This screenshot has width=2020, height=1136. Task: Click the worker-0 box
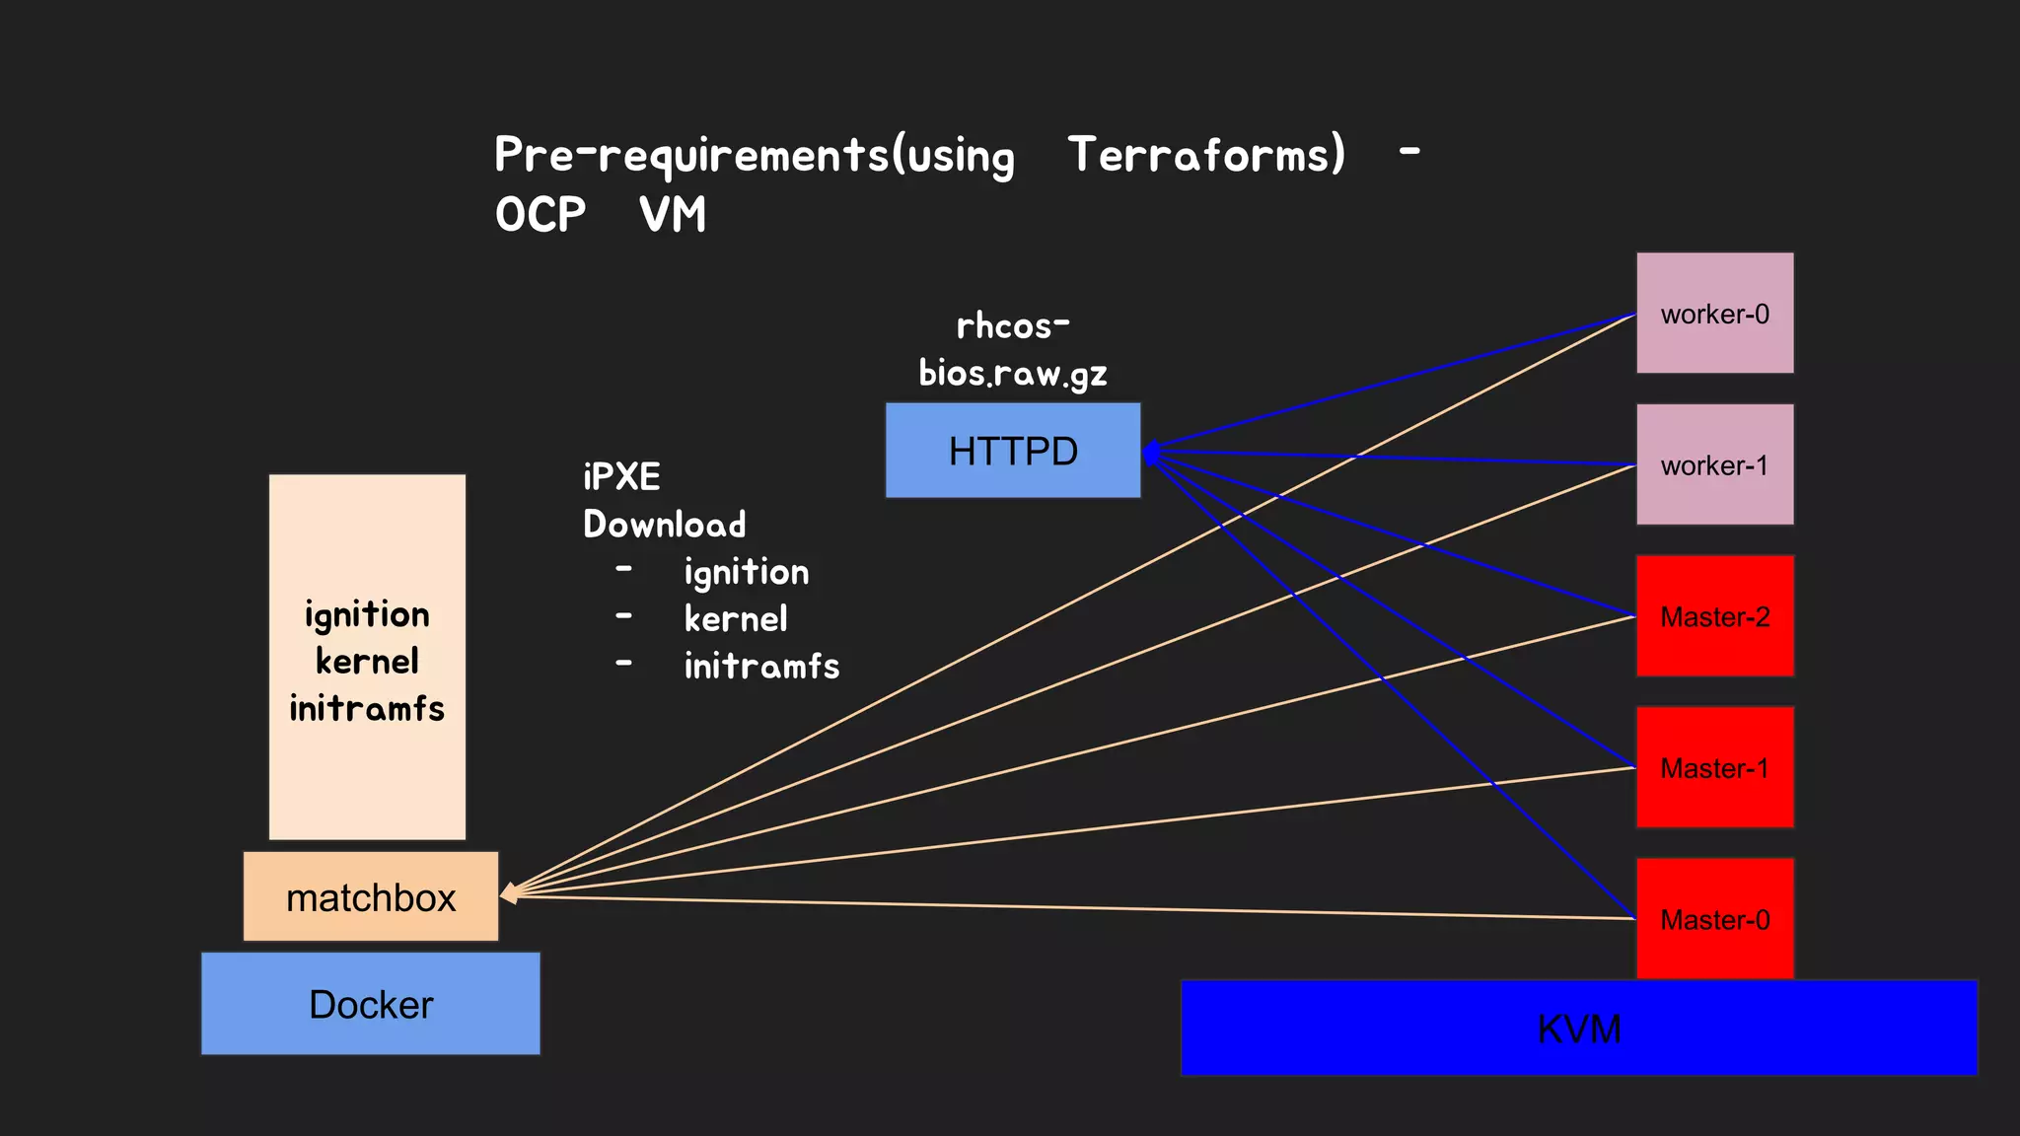coord(1714,314)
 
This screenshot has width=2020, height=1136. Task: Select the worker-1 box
coord(1714,464)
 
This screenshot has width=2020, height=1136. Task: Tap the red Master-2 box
coord(1714,616)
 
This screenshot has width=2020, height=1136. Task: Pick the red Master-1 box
coord(1714,767)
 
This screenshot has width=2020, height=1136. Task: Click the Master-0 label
coord(1714,920)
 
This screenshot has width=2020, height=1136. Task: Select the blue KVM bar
coord(1578,1029)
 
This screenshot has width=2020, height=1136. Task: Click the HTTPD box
coord(1013,451)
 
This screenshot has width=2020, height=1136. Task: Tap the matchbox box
coord(371,897)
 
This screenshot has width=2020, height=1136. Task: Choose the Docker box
coord(371,1004)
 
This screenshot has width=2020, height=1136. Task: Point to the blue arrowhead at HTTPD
coord(1150,454)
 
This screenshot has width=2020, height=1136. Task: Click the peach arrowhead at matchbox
coord(510,893)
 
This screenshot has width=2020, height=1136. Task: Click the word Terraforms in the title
coord(1205,155)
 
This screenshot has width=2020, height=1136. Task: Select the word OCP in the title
coord(541,215)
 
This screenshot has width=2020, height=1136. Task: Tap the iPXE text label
coord(621,477)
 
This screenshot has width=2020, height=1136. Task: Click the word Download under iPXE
coord(664,525)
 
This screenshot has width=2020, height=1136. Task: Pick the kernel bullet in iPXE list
coord(736,619)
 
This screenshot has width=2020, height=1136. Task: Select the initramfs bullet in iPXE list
coord(761,667)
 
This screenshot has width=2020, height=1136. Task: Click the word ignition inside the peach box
coord(367,615)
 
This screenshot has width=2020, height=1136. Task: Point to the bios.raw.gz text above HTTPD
coord(1013,374)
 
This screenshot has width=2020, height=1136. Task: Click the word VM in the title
coord(673,215)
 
